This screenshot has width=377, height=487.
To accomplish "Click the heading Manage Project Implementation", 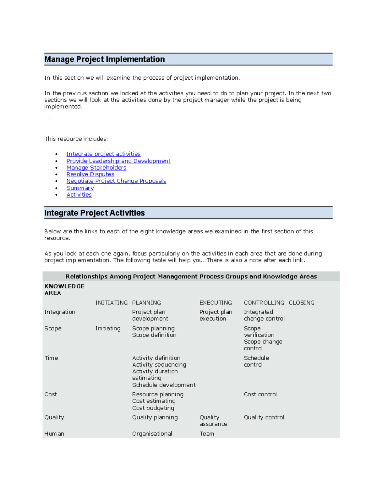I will coord(105,59).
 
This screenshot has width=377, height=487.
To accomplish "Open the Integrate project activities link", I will coord(103,154).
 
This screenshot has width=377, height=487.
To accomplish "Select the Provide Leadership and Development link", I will coord(118,161).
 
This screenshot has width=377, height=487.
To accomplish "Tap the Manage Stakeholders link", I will coord(96,168).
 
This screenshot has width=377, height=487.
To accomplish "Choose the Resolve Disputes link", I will coord(90,174).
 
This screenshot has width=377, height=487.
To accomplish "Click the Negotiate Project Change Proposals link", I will coord(116,181).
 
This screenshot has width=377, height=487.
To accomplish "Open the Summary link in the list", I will coord(80,188).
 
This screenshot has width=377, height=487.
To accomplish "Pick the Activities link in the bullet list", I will coord(79,195).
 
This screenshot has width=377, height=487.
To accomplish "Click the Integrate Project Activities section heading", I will coord(95,213).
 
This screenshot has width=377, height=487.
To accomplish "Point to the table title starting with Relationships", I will coord(191,276).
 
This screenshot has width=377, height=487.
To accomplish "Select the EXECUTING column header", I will coord(216,303).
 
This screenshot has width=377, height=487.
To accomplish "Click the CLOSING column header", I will coord(301,303).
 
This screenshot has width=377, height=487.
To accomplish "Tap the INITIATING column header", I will coord(111,303).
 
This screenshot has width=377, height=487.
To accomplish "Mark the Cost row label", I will coord(51,394).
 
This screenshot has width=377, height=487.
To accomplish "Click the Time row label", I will coord(51,358).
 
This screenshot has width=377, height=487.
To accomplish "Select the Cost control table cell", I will coord(260,394).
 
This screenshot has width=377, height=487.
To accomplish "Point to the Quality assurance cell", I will coord(213,421).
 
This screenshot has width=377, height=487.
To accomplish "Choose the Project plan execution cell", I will coord(216,315).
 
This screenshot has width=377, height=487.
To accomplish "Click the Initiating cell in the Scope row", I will coord(108,328).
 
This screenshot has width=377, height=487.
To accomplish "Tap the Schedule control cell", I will coord(256,361).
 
